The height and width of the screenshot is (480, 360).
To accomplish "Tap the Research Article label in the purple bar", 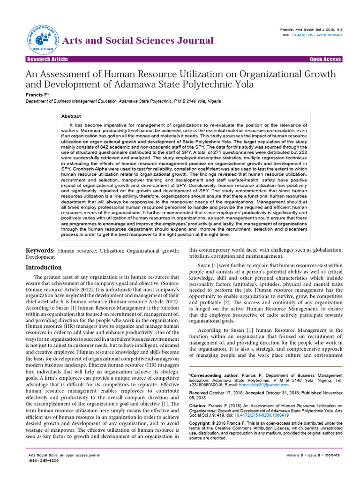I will pyautogui.click(x=47, y=59).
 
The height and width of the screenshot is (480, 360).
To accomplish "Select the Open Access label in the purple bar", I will pyautogui.click(x=325, y=59).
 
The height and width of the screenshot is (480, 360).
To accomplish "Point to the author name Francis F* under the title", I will pyautogui.click(x=38, y=94).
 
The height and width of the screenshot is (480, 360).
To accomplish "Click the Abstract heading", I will pyautogui.click(x=71, y=116).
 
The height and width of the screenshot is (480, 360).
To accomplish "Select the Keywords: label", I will pyautogui.click(x=40, y=251).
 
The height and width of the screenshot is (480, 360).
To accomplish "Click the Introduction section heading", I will pyautogui.click(x=43, y=267).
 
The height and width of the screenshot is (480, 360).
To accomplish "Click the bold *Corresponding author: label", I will pyautogui.click(x=214, y=375).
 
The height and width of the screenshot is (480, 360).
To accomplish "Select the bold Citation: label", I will pyautogui.click(x=199, y=406).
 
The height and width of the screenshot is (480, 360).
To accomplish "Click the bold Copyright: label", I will pyautogui.click(x=201, y=423).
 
